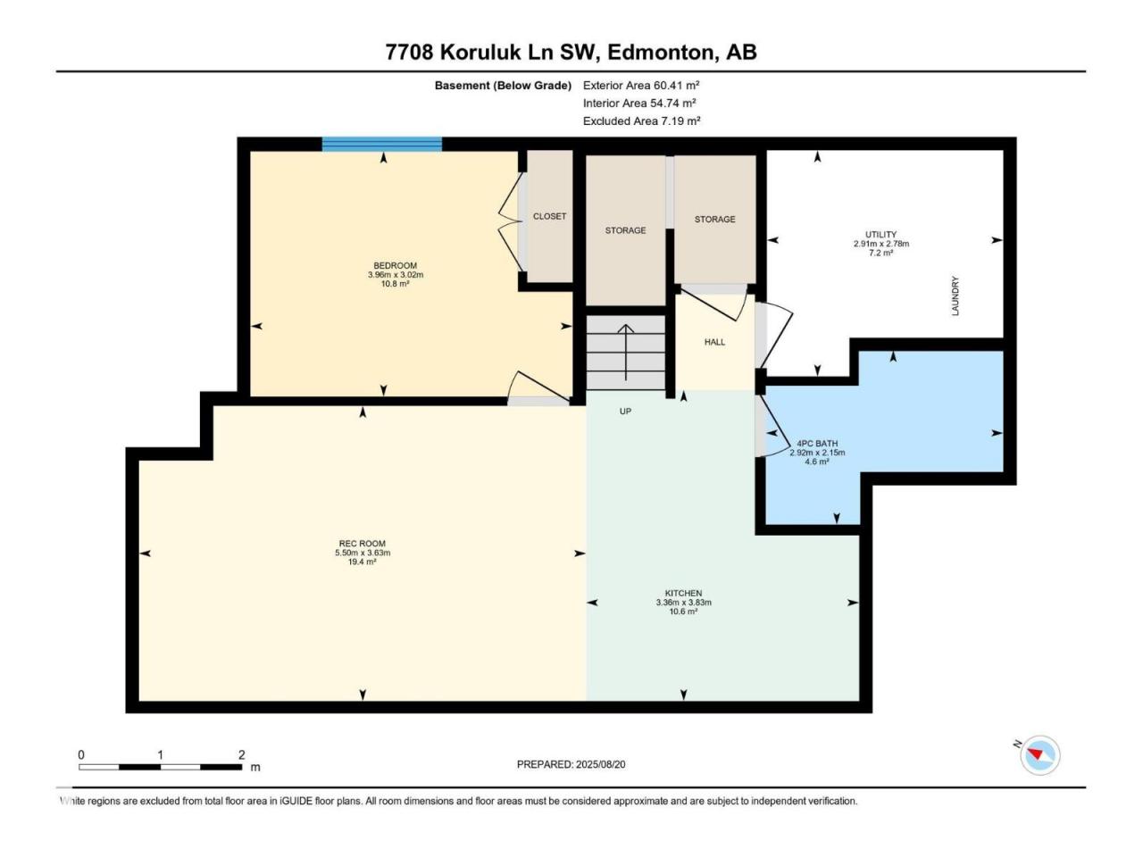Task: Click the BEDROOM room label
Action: pyautogui.click(x=395, y=265)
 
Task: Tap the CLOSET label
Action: pyautogui.click(x=549, y=216)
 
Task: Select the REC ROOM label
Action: pyautogui.click(x=362, y=544)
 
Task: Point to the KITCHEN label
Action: pyautogui.click(x=683, y=593)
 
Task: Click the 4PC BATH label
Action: pyautogui.click(x=817, y=444)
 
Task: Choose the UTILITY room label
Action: pyautogui.click(x=881, y=234)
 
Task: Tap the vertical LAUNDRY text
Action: pyautogui.click(x=955, y=295)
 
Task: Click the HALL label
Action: pyautogui.click(x=714, y=342)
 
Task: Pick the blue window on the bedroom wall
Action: pyautogui.click(x=381, y=144)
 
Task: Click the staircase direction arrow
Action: pyautogui.click(x=625, y=353)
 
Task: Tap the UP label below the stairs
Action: pyautogui.click(x=625, y=411)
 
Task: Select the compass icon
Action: pyautogui.click(x=1039, y=755)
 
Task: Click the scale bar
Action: pyautogui.click(x=161, y=767)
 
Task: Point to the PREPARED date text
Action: pyautogui.click(x=571, y=764)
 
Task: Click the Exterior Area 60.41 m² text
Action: pyautogui.click(x=641, y=86)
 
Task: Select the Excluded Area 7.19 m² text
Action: pyautogui.click(x=641, y=121)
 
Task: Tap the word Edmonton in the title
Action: pyautogui.click(x=661, y=53)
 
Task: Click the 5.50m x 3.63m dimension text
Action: pyautogui.click(x=363, y=553)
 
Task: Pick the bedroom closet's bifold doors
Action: pyautogui.click(x=510, y=221)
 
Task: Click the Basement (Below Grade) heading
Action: pyautogui.click(x=503, y=86)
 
